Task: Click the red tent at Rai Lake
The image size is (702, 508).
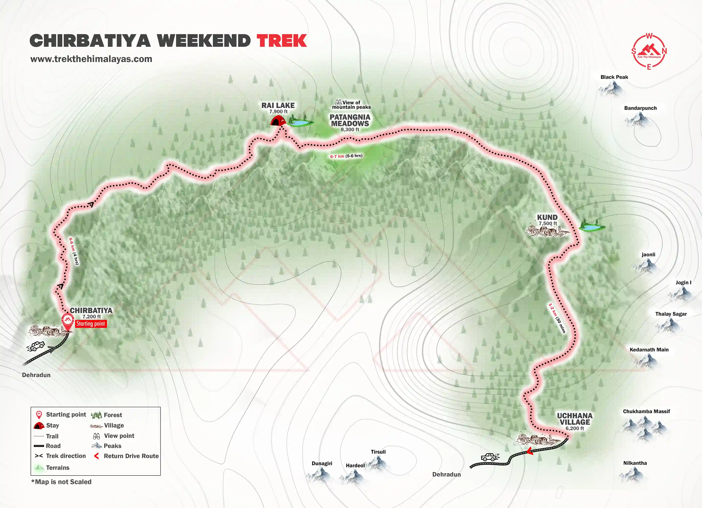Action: (278, 121)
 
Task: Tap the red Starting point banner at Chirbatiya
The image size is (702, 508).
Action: (91, 324)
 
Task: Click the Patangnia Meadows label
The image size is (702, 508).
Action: (350, 120)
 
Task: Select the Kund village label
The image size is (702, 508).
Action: (547, 217)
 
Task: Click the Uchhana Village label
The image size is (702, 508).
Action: (575, 419)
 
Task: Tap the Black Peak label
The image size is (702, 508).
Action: (614, 77)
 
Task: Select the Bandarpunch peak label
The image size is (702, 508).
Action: (640, 108)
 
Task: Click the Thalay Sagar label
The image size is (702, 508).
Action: (671, 314)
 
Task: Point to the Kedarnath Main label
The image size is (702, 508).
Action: (649, 349)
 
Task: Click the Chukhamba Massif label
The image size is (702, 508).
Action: (646, 411)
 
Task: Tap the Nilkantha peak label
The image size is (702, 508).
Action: (635, 463)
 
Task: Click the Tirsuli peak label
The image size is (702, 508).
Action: (378, 452)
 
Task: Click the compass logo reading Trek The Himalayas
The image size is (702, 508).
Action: (649, 51)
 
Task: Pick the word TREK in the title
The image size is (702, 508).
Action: (282, 41)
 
